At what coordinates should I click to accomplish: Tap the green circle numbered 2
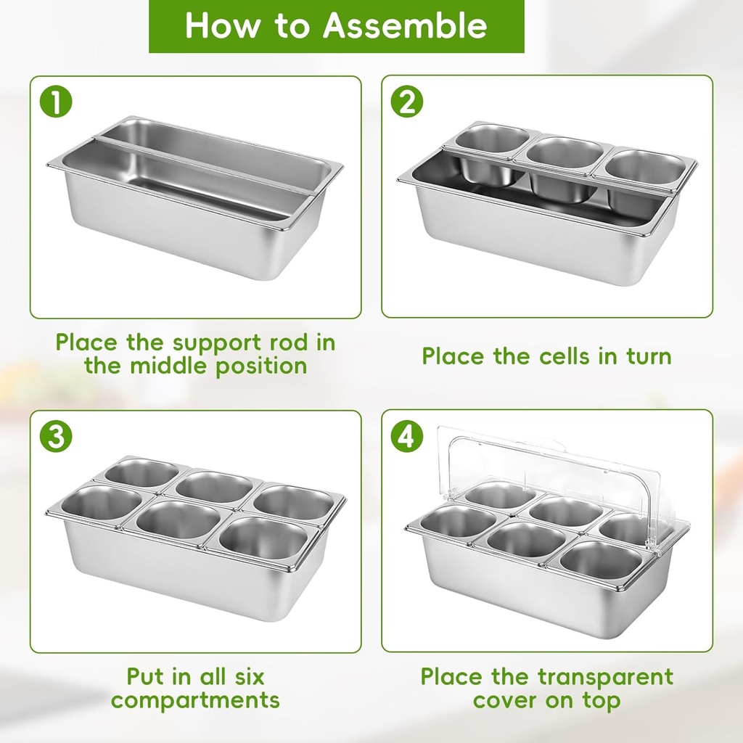(x=406, y=102)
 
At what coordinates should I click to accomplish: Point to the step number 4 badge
(x=406, y=436)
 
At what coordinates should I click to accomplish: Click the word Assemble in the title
(x=405, y=25)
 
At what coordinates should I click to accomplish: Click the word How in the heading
(x=221, y=25)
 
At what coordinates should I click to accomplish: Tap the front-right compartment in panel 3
(x=264, y=538)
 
